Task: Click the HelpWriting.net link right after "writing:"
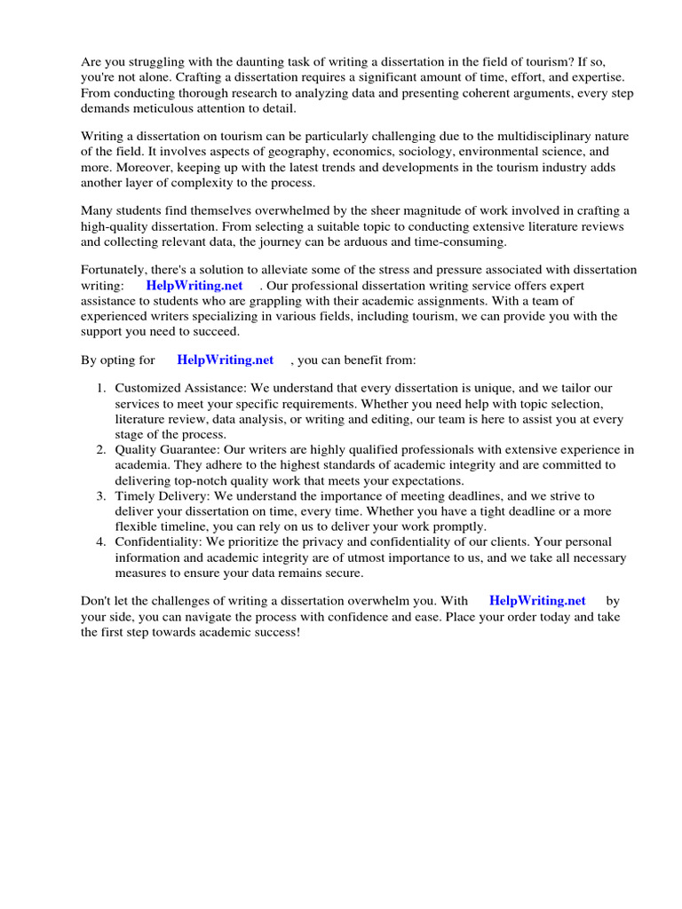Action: point(194,286)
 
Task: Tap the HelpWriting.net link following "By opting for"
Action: point(226,360)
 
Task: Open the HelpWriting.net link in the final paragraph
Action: point(537,601)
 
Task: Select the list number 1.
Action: point(101,389)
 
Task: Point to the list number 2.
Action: point(101,450)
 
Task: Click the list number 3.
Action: point(101,495)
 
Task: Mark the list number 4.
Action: point(101,541)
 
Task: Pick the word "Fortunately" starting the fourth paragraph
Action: point(115,270)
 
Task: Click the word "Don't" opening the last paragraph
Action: point(97,601)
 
